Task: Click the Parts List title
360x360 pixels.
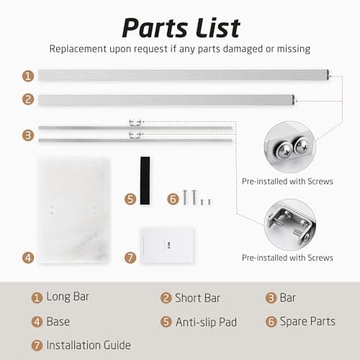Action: point(181,28)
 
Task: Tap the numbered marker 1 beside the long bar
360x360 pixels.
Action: point(28,76)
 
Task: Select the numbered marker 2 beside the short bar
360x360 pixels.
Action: point(28,99)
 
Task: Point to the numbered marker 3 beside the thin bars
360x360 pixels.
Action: point(28,135)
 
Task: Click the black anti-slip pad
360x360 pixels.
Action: point(145,181)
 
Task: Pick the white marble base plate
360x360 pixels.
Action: point(73,210)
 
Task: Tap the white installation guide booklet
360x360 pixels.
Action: point(167,245)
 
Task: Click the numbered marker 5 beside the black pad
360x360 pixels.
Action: point(130,199)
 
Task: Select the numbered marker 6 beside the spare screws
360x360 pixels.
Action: point(173,199)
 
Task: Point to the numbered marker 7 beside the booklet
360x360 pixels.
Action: point(130,258)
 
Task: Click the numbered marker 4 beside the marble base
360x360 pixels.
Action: point(28,258)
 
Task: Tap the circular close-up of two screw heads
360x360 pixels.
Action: point(289,147)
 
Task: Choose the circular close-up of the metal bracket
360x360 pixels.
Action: point(289,225)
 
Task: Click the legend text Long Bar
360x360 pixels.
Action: point(68,297)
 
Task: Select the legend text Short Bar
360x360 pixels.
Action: point(197,298)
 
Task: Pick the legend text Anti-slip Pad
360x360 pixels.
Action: point(206,322)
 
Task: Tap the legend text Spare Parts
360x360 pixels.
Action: point(307,321)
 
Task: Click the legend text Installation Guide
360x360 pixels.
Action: point(89,346)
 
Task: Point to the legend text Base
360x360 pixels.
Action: point(58,322)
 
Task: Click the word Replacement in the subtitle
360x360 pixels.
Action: point(78,49)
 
